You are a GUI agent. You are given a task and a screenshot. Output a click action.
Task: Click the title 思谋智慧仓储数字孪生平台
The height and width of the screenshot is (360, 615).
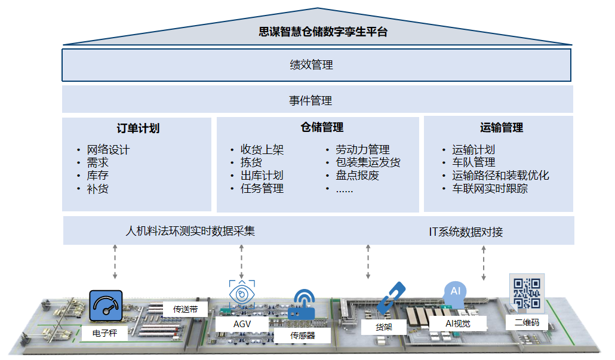[x=323, y=32]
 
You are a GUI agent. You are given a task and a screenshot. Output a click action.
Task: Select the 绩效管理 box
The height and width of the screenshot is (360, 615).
[x=316, y=65]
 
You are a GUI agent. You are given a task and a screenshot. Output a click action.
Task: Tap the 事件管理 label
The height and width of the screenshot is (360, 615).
[x=310, y=101]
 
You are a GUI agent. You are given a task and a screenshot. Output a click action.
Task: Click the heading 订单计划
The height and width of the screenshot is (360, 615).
[x=138, y=128]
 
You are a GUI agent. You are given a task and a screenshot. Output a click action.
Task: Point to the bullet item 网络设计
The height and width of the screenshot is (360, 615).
[x=108, y=149]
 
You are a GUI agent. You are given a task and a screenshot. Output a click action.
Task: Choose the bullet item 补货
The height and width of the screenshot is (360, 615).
[x=98, y=189]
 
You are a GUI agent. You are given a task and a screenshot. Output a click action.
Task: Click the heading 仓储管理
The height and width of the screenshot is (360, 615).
[x=322, y=127]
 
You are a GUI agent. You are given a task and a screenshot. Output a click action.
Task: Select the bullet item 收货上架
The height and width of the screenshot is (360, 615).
[x=262, y=149]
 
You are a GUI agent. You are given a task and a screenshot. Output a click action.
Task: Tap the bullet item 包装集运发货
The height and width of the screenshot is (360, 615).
[x=368, y=162]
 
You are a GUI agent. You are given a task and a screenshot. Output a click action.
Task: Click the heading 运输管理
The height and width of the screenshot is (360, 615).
[x=502, y=127]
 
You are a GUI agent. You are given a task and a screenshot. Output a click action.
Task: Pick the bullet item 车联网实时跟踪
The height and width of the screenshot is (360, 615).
[x=490, y=189]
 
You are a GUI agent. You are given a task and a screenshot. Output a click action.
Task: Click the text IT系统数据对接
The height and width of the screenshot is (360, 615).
[x=466, y=232]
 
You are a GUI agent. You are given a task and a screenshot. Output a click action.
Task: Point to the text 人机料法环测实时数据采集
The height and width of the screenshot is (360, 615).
[x=190, y=231]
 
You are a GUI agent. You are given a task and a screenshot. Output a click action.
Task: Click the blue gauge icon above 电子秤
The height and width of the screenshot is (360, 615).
[x=106, y=306]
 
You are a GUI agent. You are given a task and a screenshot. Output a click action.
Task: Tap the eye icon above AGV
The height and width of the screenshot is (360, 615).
[x=242, y=294]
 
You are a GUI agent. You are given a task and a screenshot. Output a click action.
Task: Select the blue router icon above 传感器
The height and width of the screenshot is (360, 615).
[x=302, y=306]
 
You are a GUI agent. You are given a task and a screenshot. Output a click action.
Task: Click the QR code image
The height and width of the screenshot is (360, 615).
[x=527, y=293]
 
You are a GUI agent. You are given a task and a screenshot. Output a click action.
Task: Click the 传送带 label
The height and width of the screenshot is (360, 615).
[x=186, y=309]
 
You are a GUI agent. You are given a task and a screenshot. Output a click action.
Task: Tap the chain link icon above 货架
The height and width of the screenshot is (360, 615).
[x=391, y=298]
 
